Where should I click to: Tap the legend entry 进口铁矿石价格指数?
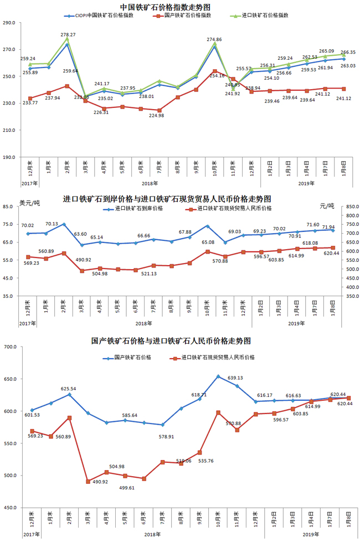click(265, 16)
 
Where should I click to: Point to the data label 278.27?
click(68, 34)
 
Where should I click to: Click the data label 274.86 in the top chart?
click(214, 39)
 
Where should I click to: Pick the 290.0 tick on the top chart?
click(9, 23)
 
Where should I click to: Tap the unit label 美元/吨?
click(30, 203)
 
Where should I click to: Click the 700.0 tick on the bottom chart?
click(9, 347)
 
